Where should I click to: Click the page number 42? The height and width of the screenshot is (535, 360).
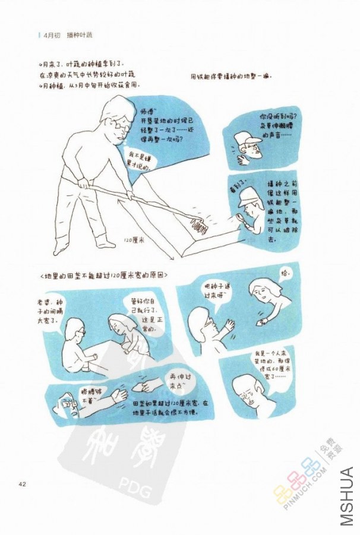coord(23,485)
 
